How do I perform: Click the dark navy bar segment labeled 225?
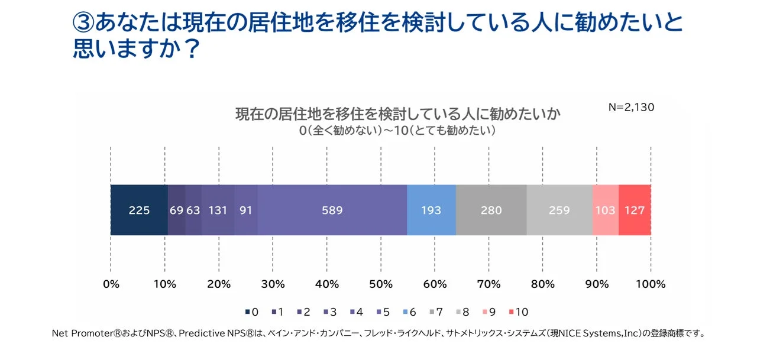tap(139, 210)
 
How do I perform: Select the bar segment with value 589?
tap(332, 210)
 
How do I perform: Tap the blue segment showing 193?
tap(431, 210)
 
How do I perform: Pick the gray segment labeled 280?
tap(491, 210)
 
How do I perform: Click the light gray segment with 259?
tap(559, 210)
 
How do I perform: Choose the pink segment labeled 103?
tap(605, 210)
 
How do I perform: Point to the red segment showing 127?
tap(635, 210)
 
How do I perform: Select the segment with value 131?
tap(218, 210)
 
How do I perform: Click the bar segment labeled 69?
tap(176, 210)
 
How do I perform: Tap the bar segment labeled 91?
tap(246, 210)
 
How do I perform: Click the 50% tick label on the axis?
tap(380, 284)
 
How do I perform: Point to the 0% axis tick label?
tap(111, 284)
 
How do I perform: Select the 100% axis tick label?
tap(650, 284)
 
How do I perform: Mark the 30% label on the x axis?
tap(273, 284)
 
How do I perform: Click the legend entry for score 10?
tap(518, 312)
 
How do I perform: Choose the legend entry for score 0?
tap(251, 312)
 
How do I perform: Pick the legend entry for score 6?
tap(410, 312)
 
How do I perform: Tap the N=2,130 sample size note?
tap(631, 108)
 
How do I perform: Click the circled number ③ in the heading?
tap(83, 23)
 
